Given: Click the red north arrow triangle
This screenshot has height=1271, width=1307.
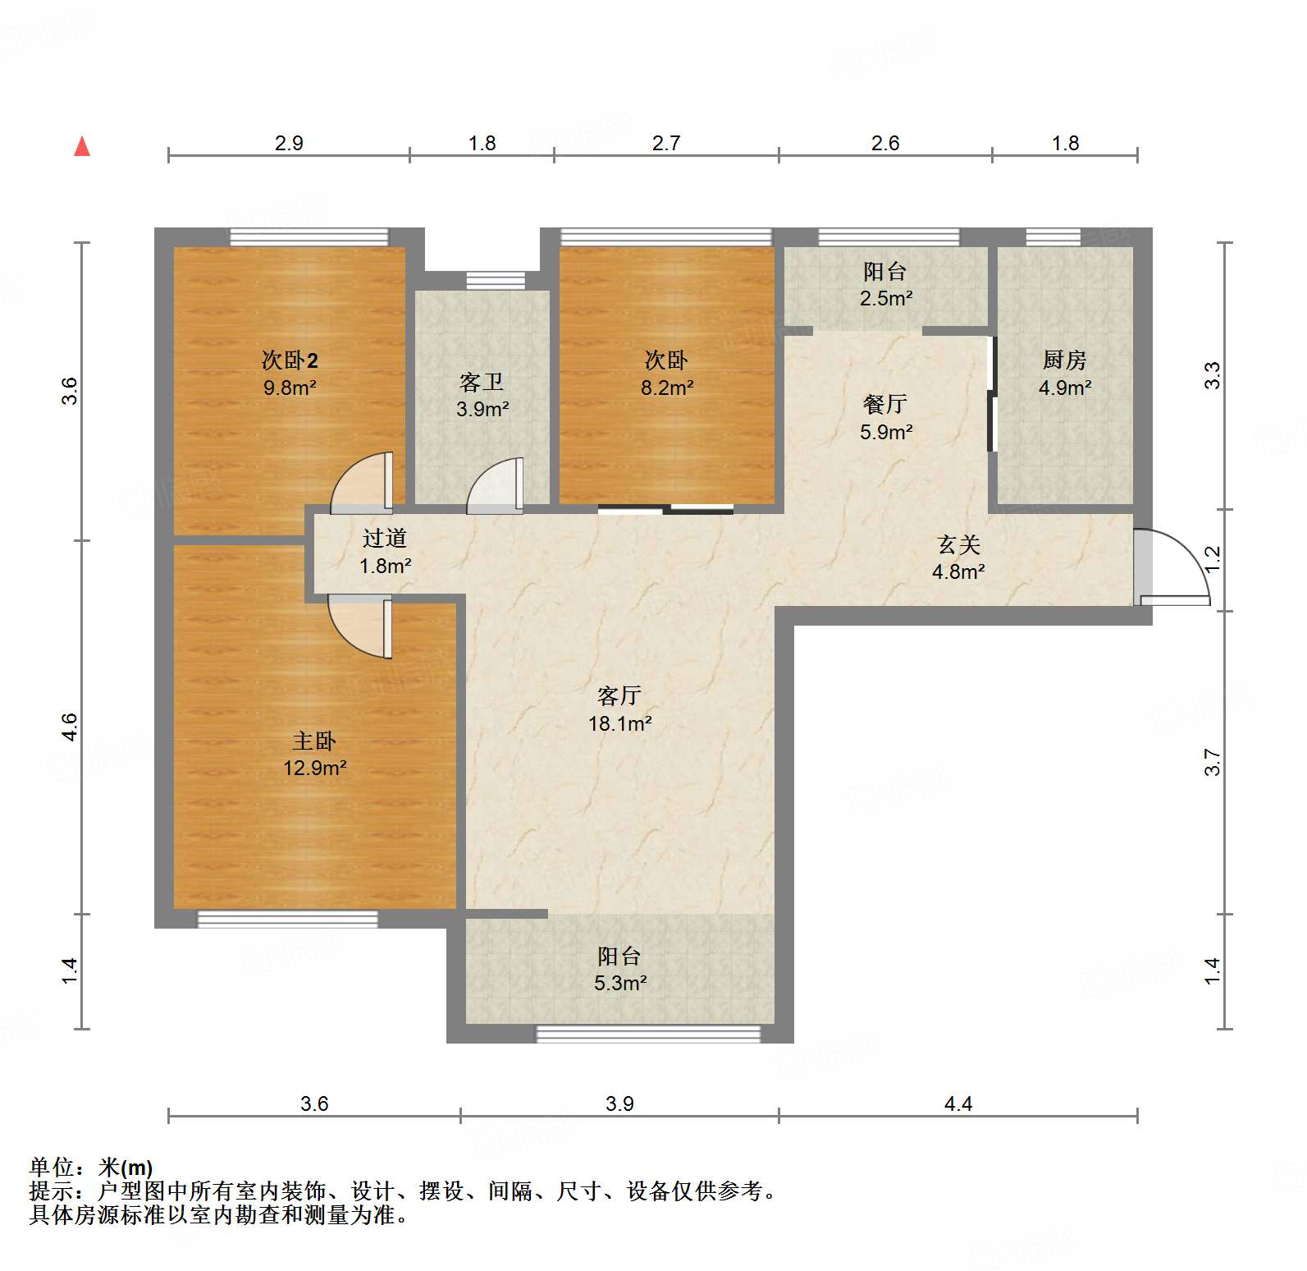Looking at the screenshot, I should pyautogui.click(x=82, y=147).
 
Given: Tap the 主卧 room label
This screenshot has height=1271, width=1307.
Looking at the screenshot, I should pyautogui.click(x=314, y=741).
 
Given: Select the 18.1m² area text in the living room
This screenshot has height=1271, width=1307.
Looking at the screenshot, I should pyautogui.click(x=619, y=723).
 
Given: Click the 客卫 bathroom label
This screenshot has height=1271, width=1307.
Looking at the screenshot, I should pyautogui.click(x=482, y=382).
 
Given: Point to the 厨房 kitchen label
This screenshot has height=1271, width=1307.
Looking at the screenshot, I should pyautogui.click(x=1064, y=360).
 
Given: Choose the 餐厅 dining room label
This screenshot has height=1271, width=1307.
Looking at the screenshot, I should pyautogui.click(x=885, y=404).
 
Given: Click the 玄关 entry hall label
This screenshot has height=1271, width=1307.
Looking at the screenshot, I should pyautogui.click(x=958, y=544).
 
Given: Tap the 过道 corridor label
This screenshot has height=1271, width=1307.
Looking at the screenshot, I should pyautogui.click(x=385, y=538).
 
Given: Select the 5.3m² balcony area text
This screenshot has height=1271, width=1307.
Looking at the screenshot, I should pyautogui.click(x=620, y=983).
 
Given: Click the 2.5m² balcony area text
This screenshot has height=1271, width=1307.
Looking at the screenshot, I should pyautogui.click(x=885, y=298).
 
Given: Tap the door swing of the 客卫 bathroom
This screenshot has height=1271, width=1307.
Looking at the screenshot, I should pyautogui.click(x=495, y=487).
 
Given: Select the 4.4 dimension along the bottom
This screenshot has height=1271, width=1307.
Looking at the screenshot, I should pyautogui.click(x=957, y=1104).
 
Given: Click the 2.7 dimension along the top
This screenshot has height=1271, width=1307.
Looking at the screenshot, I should pyautogui.click(x=665, y=143).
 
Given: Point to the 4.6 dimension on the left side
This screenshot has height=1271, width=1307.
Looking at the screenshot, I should pyautogui.click(x=70, y=727).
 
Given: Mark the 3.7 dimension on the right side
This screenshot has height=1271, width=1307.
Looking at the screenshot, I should pyautogui.click(x=1213, y=762).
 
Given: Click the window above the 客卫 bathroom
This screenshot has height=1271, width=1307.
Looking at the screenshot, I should pyautogui.click(x=496, y=281).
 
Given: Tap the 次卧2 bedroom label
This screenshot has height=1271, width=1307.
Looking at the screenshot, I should pyautogui.click(x=290, y=360).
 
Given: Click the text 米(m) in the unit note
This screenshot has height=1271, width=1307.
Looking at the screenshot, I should pyautogui.click(x=126, y=1168).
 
